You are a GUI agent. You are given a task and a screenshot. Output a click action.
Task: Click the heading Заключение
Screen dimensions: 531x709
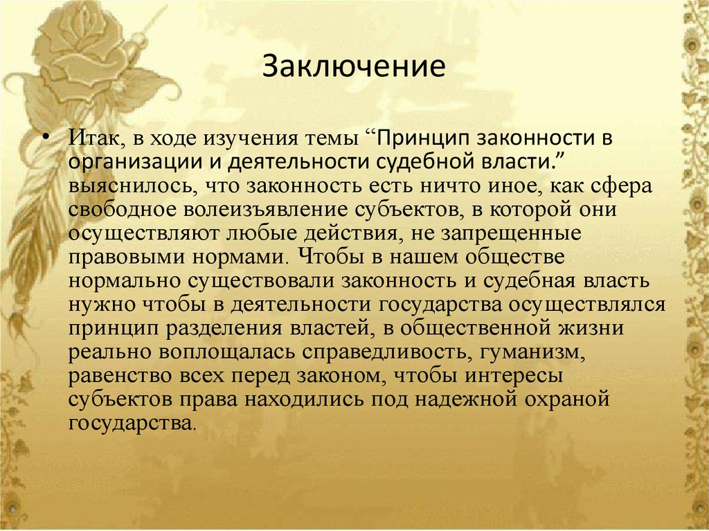[x=353, y=68]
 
